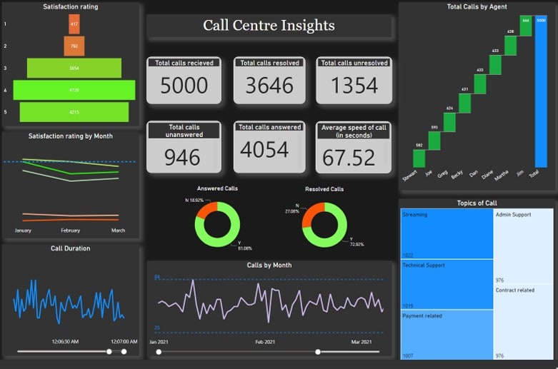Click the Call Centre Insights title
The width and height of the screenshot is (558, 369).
pos(269,26)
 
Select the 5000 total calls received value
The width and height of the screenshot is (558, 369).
pos(184,86)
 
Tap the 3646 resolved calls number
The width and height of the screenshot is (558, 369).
pos(269,86)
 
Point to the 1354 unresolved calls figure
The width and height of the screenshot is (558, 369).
pos(354,86)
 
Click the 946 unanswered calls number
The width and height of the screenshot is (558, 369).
pos(182,156)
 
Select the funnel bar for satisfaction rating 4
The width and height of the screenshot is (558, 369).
pos(74,90)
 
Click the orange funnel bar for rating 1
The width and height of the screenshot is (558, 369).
pos(74,24)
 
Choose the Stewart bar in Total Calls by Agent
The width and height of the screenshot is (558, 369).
pos(419,158)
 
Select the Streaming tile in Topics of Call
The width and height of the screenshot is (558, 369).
pos(447,234)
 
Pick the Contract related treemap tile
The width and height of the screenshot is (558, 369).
pos(524,321)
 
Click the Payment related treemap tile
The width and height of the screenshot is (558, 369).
pos(447,334)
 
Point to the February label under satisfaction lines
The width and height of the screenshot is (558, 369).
pos(71,231)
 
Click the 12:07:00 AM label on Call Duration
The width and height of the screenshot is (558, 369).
pos(124,342)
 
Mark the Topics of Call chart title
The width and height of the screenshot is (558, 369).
pos(477,203)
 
